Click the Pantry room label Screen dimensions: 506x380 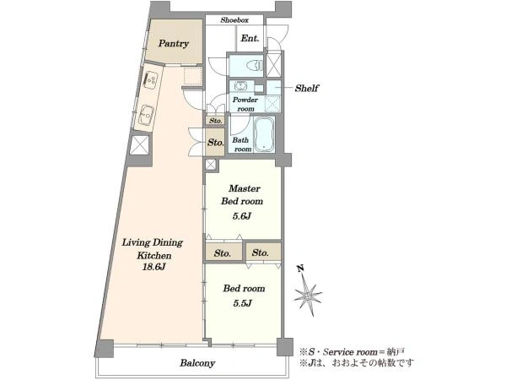pyautogui.click(x=173, y=44)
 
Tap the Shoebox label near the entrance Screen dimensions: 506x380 pyautogui.click(x=234, y=20)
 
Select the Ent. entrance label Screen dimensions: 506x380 pyautogui.click(x=250, y=39)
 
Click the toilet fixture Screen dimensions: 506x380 pyautogui.click(x=255, y=66)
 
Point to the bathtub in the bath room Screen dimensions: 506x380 pyautogui.click(x=264, y=134)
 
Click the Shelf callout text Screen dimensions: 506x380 pyautogui.click(x=307, y=88)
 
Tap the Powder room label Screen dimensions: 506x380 pyautogui.click(x=245, y=104)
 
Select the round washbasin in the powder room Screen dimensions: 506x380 pyautogui.click(x=240, y=86)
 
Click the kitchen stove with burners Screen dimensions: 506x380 pyautogui.click(x=151, y=80)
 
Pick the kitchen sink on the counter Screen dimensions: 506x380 pyautogui.click(x=147, y=114)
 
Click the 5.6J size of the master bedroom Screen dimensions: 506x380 pyautogui.click(x=242, y=216)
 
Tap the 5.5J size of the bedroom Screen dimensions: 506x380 pyautogui.click(x=242, y=303)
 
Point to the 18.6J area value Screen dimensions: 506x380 pyautogui.click(x=154, y=267)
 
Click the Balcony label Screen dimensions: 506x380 pyautogui.click(x=197, y=363)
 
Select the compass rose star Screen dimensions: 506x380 pyautogui.click(x=308, y=296)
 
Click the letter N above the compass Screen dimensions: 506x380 pyautogui.click(x=301, y=269)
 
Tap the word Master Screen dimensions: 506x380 pyautogui.click(x=245, y=188)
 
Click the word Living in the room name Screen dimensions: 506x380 pyautogui.click(x=136, y=242)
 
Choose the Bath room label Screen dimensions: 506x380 pyautogui.click(x=242, y=144)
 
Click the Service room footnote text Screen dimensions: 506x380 pyautogui.click(x=350, y=352)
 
